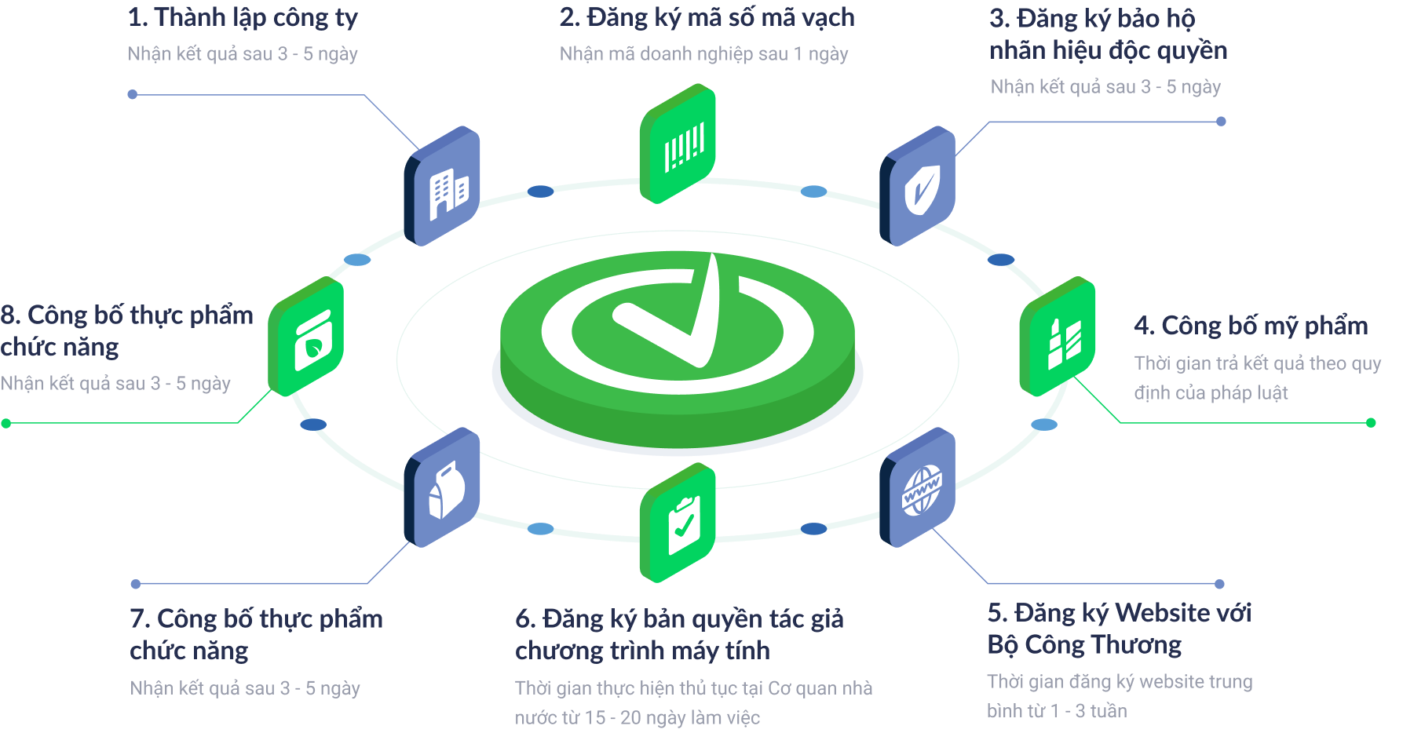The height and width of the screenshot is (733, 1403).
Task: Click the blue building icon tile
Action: pyautogui.click(x=443, y=186)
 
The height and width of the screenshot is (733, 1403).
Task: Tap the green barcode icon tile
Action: pyautogui.click(x=678, y=144)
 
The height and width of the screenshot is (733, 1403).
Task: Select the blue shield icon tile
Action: pyautogui.click(x=918, y=186)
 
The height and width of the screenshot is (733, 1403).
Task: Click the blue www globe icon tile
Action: pyautogui.click(x=918, y=488)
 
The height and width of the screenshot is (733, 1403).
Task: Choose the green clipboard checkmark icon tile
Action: pyautogui.click(x=678, y=523)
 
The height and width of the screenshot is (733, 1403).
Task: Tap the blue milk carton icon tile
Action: pyautogui.click(x=443, y=488)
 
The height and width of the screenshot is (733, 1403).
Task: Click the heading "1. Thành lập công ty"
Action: pyautogui.click(x=243, y=17)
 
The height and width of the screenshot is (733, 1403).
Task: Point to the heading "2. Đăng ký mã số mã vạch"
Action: pyautogui.click(x=707, y=17)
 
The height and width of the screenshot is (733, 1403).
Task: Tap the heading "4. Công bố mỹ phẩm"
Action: pyautogui.click(x=1251, y=325)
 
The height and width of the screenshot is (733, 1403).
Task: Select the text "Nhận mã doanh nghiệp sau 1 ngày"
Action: pyautogui.click(x=703, y=53)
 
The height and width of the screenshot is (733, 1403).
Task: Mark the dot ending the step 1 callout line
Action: pyautogui.click(x=133, y=94)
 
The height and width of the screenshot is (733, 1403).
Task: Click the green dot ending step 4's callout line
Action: pyautogui.click(x=1371, y=423)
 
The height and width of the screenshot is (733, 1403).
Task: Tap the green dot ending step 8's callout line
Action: pyautogui.click(x=6, y=423)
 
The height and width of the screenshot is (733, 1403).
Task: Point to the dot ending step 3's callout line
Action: pyautogui.click(x=1221, y=122)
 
